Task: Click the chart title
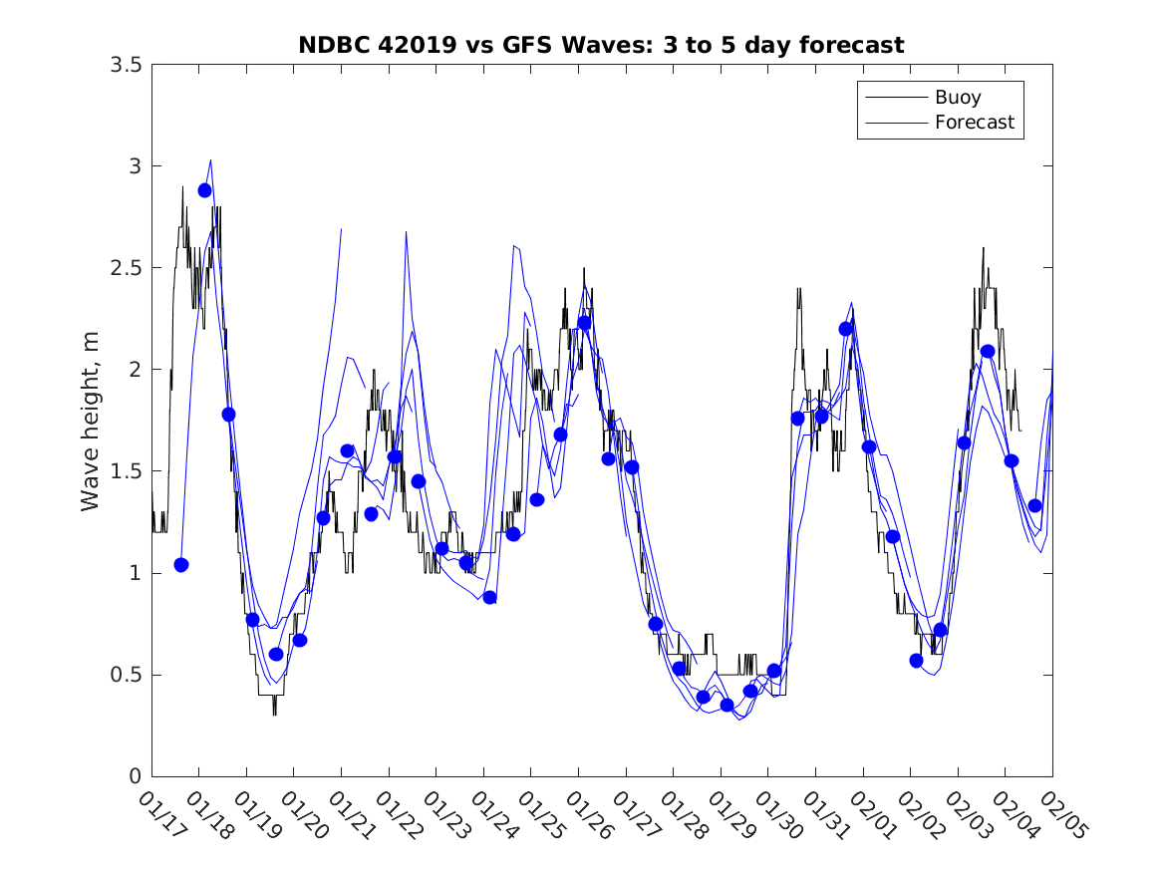601,45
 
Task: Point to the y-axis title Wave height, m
91,420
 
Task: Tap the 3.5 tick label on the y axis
125,65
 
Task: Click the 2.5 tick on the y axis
125,268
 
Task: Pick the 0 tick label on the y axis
134,776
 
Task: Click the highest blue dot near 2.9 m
205,190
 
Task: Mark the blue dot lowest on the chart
727,705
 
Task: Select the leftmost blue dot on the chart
181,565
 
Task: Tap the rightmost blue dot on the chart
1034,505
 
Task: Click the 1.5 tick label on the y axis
125,471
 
